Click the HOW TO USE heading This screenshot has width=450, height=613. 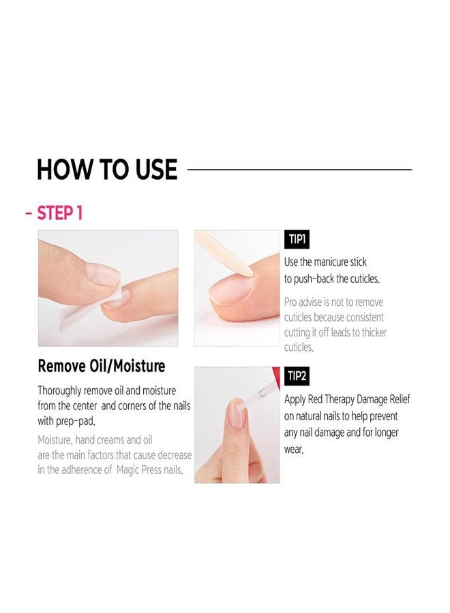107,170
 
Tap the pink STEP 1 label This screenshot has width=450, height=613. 59,213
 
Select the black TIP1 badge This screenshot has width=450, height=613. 297,239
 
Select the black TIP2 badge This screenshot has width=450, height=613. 297,376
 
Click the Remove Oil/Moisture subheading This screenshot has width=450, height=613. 102,366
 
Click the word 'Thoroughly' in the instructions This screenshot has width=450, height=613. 59,391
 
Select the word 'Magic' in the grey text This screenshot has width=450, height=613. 127,470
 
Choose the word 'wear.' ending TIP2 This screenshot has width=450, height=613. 294,450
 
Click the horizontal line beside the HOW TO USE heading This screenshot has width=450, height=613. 300,170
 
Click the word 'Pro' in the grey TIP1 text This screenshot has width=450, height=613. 290,302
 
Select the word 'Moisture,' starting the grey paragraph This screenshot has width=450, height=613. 55,440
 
